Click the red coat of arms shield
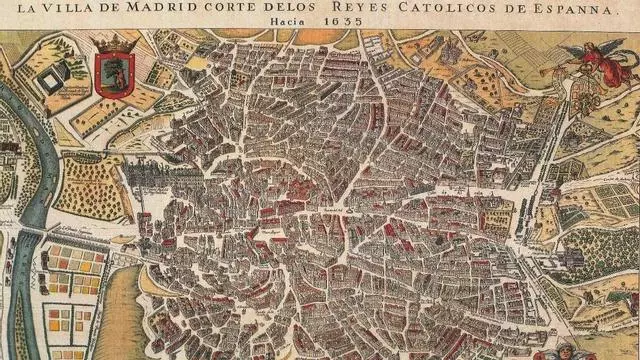click(x=112, y=75)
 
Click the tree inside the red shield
click(x=113, y=73)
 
